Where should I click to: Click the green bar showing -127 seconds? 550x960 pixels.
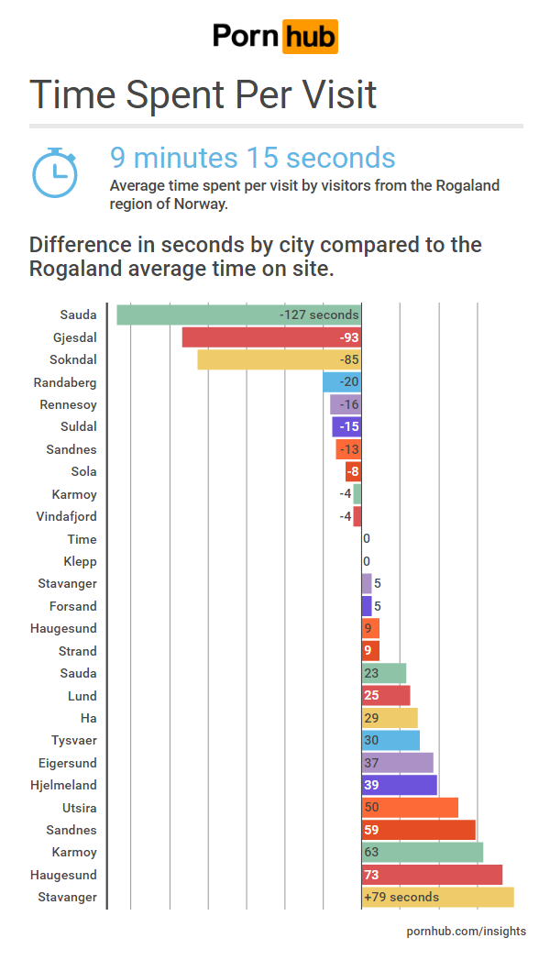pos(238,314)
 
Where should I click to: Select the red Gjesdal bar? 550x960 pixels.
pos(271,337)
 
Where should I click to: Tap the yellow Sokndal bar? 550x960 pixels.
pos(279,359)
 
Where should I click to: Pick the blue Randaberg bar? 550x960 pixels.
pos(342,382)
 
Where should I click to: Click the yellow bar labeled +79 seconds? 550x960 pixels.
pos(437,897)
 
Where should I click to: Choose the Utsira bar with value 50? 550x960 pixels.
pos(410,808)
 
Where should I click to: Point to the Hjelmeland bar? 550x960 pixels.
pos(399,785)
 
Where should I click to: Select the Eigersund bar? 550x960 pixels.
pos(397,763)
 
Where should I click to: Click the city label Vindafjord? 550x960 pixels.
pos(66,516)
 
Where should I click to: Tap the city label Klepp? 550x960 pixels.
pos(80,561)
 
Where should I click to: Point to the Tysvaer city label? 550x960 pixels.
pos(73,740)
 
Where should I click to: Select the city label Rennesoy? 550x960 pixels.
pos(68,404)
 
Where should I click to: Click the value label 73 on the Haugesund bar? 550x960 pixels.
pos(371,875)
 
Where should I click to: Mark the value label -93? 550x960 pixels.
pos(349,337)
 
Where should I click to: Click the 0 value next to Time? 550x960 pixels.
pos(367,539)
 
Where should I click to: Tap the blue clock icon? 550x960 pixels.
pos(55,172)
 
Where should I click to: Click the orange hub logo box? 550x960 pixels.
pos(310,37)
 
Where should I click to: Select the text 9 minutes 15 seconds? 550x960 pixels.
pos(252,158)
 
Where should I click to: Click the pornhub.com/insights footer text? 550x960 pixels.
pos(467,931)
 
